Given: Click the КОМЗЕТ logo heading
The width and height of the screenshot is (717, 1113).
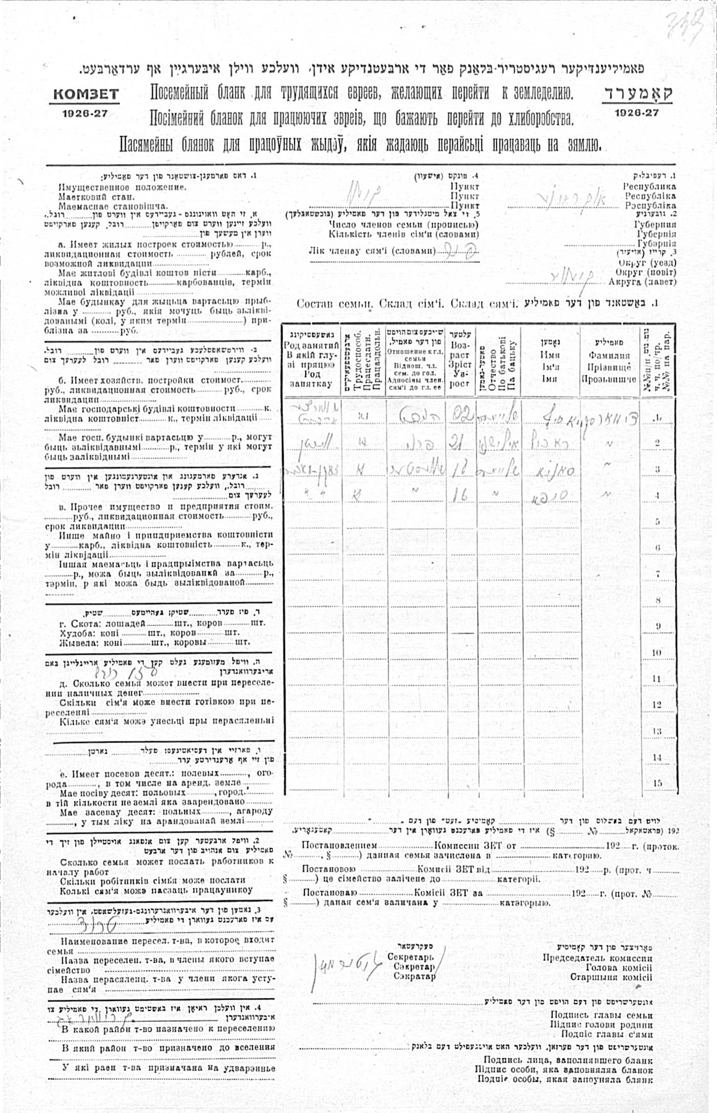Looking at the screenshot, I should (x=85, y=95).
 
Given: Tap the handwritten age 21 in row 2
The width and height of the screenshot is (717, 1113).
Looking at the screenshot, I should (x=459, y=441).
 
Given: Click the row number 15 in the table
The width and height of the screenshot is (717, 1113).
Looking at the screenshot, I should (x=657, y=783).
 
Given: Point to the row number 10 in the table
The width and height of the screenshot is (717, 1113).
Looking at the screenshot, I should (x=657, y=653).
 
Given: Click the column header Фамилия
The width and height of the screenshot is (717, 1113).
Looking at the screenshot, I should (x=609, y=355).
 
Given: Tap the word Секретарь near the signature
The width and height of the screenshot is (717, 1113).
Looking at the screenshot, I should (x=410, y=957).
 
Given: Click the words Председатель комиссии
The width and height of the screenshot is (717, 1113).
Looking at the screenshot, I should (x=598, y=958).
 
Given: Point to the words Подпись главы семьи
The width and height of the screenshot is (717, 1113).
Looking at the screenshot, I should (x=601, y=1015).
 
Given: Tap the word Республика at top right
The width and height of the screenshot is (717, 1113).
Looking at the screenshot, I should (x=649, y=187).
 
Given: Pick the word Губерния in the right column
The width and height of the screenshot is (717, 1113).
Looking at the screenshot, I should (x=655, y=224).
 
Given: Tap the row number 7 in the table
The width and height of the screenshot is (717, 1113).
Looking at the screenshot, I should (x=658, y=574).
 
